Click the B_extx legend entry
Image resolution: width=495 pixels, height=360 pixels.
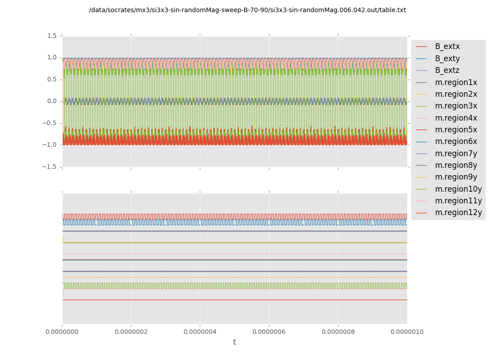tap(447, 46)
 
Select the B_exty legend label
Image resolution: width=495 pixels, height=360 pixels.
tap(447, 58)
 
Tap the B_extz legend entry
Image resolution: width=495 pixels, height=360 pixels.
tap(447, 70)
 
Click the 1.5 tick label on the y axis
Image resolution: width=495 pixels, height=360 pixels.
tap(52, 36)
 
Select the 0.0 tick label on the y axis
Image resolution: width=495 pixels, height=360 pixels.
tap(52, 101)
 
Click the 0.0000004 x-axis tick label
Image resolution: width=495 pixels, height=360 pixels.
tap(200, 332)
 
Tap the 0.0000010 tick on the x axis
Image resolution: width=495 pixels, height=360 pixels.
tap(406, 332)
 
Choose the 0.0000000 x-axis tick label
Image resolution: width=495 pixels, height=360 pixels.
tap(63, 332)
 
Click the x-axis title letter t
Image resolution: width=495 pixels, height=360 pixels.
tap(234, 342)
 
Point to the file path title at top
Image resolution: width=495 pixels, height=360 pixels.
tap(247, 10)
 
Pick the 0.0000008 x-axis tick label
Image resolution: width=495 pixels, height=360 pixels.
tap(337, 332)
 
